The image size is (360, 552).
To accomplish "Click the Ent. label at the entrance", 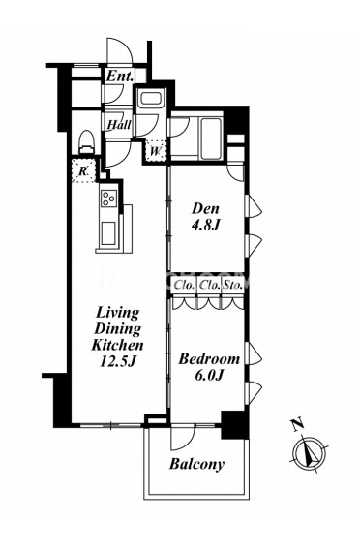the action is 120,77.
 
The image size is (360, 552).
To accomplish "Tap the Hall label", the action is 119,124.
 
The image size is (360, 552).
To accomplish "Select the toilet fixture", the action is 87,141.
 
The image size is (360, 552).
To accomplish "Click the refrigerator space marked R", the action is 83,171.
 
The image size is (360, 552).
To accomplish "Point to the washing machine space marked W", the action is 156,151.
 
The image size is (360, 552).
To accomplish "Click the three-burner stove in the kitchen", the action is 109,199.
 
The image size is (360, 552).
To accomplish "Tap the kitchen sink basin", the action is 108,233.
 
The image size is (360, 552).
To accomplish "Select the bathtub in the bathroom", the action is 210,138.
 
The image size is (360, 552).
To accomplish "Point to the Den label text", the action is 205,209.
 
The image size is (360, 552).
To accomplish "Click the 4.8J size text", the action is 205,225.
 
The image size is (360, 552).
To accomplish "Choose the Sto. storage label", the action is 232,285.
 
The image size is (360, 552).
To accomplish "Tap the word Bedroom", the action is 209,359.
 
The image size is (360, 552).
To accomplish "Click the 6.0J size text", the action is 209,376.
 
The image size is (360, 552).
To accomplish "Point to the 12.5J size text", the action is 117,361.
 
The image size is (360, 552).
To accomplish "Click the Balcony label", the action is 196,464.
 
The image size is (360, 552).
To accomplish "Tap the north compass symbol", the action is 310,448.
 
